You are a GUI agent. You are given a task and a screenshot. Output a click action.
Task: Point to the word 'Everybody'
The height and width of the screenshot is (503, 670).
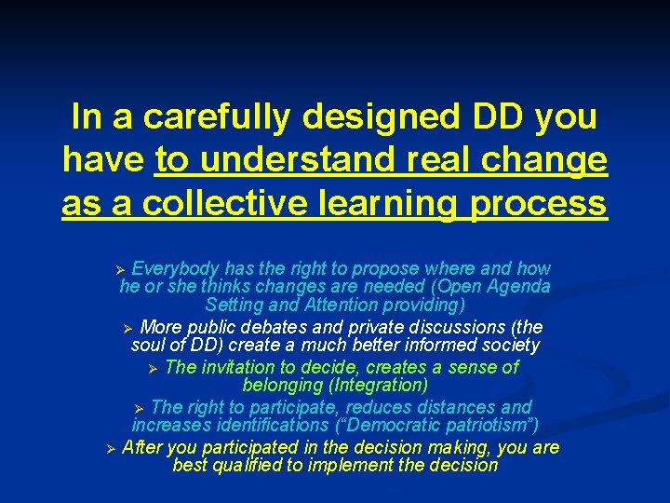click(x=171, y=268)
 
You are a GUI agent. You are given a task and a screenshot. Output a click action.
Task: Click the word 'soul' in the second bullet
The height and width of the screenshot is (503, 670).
click(x=148, y=346)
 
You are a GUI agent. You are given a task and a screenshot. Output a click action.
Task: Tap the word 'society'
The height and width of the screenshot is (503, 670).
click(x=509, y=346)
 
